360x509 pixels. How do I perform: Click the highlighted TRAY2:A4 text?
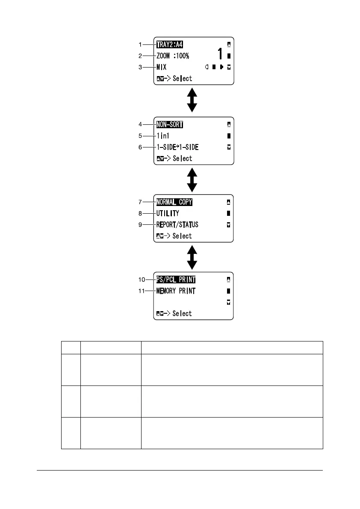tap(170, 44)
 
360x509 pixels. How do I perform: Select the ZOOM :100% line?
tap(172, 56)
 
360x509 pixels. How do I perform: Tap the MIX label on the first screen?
tap(161, 67)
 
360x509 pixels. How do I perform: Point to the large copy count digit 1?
tap(220, 54)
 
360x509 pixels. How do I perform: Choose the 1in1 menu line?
tap(163, 136)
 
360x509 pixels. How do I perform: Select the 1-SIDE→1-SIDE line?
tap(177, 147)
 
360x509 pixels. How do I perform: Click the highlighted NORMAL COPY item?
tap(174, 202)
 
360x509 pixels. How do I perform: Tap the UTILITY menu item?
tap(168, 213)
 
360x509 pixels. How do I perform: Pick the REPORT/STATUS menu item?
tap(177, 224)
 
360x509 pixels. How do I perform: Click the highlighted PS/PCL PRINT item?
tap(176, 280)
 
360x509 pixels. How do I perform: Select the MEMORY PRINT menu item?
tap(176, 291)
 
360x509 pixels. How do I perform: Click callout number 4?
tap(140, 125)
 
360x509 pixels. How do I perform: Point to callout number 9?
tap(140, 224)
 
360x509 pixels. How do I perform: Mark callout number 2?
tap(140, 56)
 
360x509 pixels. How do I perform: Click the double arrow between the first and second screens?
tap(192, 100)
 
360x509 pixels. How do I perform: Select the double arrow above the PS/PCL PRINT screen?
tap(192, 256)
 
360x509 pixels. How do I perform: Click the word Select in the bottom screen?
tap(183, 314)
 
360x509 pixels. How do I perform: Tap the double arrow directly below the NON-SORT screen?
tap(192, 179)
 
